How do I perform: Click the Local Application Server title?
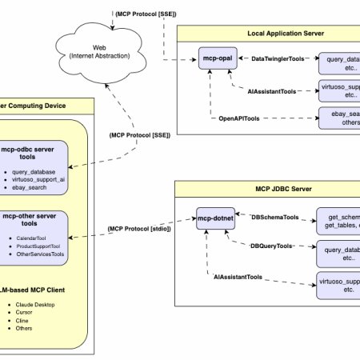pyautogui.click(x=265, y=34)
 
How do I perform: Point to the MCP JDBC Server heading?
pyautogui.click(x=265, y=190)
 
